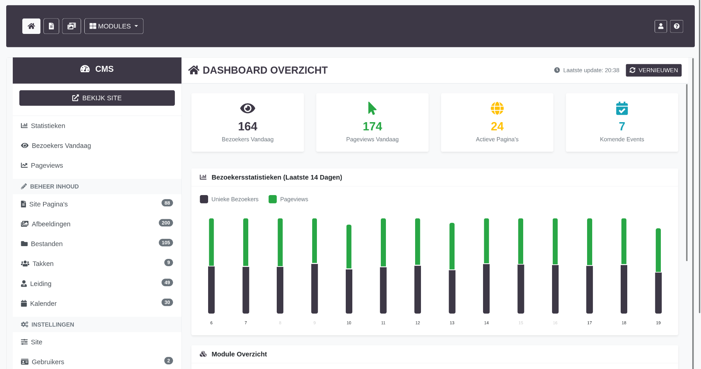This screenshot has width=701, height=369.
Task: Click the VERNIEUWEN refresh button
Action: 654,70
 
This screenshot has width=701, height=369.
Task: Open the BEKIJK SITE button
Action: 97,98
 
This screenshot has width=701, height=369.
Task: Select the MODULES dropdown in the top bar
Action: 114,26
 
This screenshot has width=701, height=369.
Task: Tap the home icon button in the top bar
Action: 31,26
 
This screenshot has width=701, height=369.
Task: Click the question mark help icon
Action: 677,26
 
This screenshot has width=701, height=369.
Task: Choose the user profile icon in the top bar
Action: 660,26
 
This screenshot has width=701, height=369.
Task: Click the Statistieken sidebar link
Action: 48,126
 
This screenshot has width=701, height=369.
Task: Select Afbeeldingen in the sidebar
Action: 51,224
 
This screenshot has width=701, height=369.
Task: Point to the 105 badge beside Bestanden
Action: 166,243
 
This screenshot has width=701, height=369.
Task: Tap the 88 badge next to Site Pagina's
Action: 167,203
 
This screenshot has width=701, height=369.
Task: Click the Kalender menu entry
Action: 43,303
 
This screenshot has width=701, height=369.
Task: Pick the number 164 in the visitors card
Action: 248,127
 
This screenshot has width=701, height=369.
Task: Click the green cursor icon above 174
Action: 372,108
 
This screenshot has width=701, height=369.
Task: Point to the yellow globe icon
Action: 497,108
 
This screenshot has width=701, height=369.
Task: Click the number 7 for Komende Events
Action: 622,127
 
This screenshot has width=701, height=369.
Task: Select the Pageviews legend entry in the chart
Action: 288,199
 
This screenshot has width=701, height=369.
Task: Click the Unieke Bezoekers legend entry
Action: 229,199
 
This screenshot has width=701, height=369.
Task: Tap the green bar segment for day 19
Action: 658,250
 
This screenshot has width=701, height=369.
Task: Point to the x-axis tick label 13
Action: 452,323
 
